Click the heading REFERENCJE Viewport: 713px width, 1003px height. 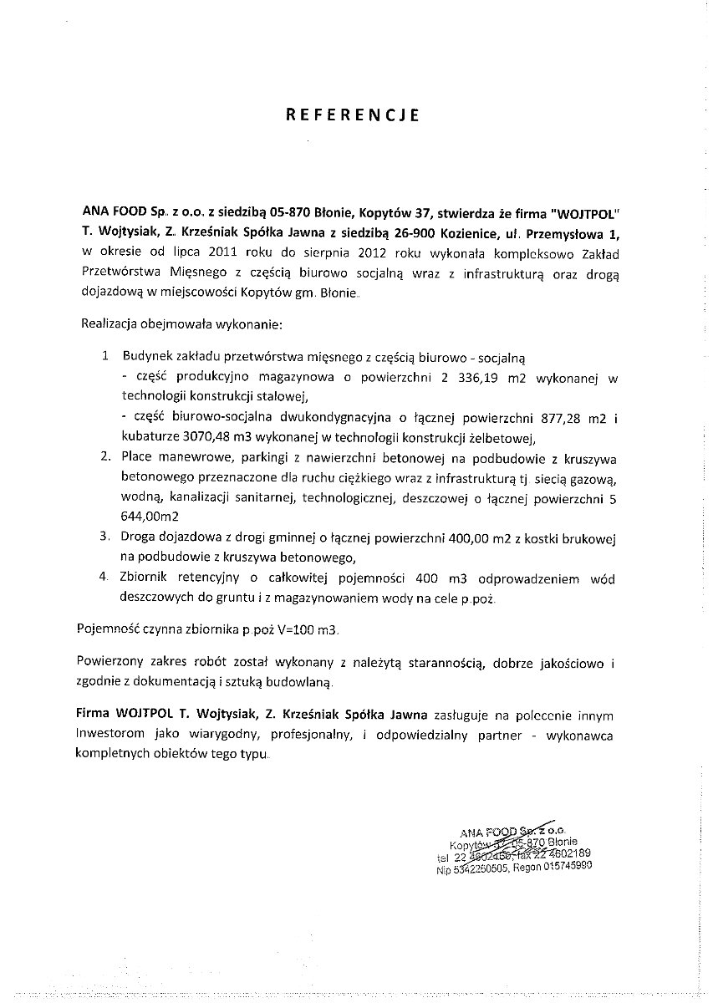point(352,115)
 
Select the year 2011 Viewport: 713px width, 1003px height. point(223,251)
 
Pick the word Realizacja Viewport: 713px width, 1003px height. point(109,322)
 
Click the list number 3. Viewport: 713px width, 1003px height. point(104,534)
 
